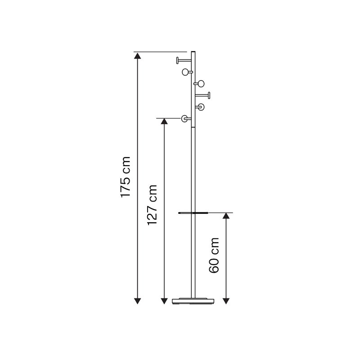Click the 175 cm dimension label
tap(126, 177)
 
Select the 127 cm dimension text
tap(152, 205)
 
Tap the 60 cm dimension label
tap(214, 255)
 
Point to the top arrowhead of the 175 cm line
tap(137, 56)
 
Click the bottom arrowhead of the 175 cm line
tap(137, 301)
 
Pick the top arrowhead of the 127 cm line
tap(164, 121)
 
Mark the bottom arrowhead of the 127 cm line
tap(164, 301)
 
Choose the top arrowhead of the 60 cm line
tap(226, 216)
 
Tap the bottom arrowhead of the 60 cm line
tap(226, 301)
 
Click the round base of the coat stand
tap(193, 301)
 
